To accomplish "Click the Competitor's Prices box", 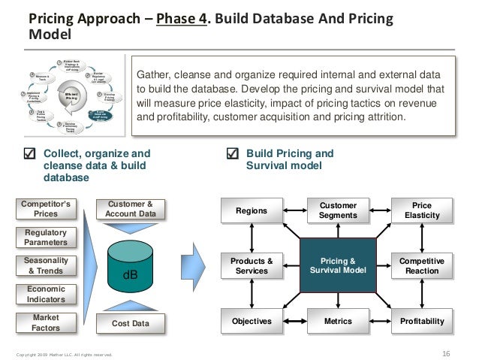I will [46, 208].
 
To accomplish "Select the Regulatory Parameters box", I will [46, 237].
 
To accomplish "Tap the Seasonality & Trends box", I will [46, 265].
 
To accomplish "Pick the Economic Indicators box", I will [46, 294].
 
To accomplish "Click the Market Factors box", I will [46, 323].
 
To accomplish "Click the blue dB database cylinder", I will [131, 269].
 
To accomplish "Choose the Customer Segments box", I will [338, 210].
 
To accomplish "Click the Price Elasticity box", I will [422, 210].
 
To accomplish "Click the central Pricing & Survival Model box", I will [338, 266].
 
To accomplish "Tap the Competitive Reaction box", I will [422, 266].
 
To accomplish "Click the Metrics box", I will [338, 322].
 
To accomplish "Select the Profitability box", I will [422, 322].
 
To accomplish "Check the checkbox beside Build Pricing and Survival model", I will [232, 154].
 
